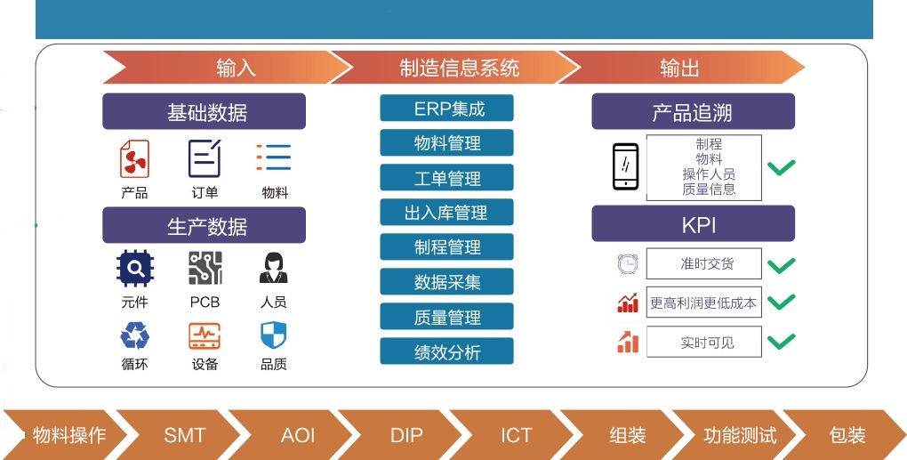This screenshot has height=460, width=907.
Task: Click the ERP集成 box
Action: [x=446, y=109]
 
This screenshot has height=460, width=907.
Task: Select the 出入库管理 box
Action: [x=446, y=213]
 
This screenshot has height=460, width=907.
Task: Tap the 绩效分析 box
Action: [x=446, y=351]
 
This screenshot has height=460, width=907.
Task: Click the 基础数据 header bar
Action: [x=205, y=111]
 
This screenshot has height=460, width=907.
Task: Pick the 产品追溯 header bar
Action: [x=693, y=111]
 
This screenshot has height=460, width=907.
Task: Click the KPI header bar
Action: [x=693, y=224]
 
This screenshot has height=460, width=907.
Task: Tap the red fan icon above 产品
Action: [x=135, y=158]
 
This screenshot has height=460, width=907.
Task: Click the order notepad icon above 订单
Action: [x=205, y=158]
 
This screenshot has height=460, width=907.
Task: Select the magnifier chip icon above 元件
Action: [x=135, y=268]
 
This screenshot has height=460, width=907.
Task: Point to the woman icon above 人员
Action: [x=274, y=268]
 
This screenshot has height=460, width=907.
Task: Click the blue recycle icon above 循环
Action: [x=135, y=335]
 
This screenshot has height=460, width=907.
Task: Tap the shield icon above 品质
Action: [x=274, y=335]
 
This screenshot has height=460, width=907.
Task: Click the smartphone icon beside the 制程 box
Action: [x=626, y=166]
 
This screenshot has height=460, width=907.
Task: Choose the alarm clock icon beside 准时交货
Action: [x=628, y=264]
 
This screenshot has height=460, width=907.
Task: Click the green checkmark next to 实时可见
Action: [x=781, y=341]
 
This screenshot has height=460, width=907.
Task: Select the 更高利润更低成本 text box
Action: [x=704, y=302]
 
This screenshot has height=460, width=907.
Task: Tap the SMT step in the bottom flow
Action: [x=185, y=435]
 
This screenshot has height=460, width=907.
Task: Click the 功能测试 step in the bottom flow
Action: [x=740, y=435]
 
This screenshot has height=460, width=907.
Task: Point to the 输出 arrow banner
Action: [x=681, y=67]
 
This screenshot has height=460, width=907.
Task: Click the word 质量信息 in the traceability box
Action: [x=709, y=190]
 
